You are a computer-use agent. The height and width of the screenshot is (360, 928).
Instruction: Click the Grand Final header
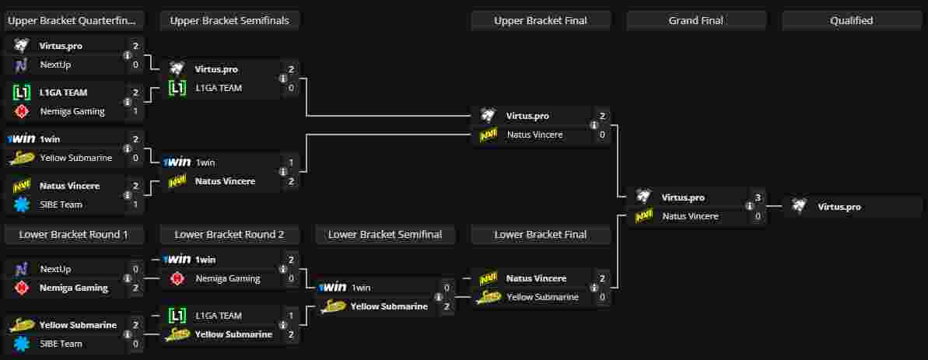(695, 21)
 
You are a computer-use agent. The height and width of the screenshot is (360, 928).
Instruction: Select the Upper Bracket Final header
(541, 21)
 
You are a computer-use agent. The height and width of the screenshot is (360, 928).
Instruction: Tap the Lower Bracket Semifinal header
(385, 234)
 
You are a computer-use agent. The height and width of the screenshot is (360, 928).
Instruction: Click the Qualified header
(851, 21)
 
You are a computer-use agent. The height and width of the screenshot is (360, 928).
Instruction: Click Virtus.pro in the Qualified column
(839, 207)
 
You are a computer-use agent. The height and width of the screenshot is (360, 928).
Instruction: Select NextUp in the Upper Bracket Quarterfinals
(55, 65)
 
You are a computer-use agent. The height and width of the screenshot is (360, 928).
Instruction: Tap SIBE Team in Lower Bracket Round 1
(61, 344)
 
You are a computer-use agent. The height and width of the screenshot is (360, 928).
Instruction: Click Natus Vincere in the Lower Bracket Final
(536, 278)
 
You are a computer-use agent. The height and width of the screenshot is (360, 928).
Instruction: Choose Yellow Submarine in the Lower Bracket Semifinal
(389, 306)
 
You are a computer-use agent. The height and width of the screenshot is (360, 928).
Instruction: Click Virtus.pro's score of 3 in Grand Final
(758, 197)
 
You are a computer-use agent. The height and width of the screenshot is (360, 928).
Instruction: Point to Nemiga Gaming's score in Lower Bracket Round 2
(291, 278)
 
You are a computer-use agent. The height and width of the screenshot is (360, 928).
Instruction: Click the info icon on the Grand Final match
(749, 207)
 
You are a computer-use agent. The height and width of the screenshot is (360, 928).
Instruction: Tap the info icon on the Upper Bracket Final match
(594, 125)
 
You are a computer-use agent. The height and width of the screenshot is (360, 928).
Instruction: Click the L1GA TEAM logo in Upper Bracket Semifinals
(177, 88)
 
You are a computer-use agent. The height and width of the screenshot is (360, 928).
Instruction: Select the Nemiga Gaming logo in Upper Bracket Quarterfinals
(22, 111)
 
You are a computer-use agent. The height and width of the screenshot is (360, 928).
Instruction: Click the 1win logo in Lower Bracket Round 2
(177, 260)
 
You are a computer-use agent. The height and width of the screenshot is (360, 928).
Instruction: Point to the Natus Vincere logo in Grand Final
(644, 216)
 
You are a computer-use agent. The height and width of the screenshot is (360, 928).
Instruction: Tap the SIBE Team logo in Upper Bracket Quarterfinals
(22, 204)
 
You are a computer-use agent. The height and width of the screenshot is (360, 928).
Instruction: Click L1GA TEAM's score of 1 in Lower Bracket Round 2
(291, 316)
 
